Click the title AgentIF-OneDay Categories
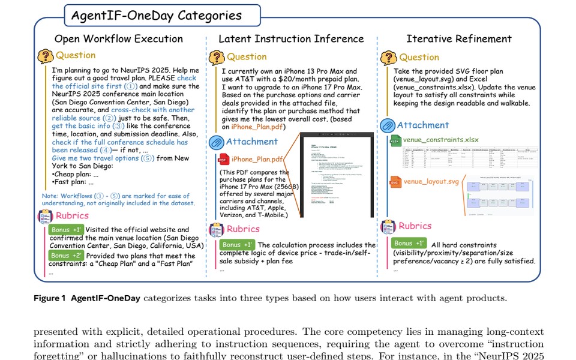click(x=157, y=15)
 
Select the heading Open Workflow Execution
click(x=119, y=39)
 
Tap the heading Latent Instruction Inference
click(x=291, y=39)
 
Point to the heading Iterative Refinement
click(x=459, y=39)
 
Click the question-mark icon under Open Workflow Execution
click(x=46, y=56)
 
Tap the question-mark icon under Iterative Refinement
click(x=388, y=58)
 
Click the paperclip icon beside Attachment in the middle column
click(x=216, y=143)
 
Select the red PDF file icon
click(x=222, y=159)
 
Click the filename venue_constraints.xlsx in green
click(x=440, y=140)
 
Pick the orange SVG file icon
click(x=395, y=181)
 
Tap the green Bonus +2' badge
click(x=67, y=256)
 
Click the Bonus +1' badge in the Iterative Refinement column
click(x=409, y=244)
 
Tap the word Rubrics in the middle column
click(x=243, y=229)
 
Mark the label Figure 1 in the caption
click(x=50, y=298)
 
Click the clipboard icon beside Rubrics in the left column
click(x=46, y=216)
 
